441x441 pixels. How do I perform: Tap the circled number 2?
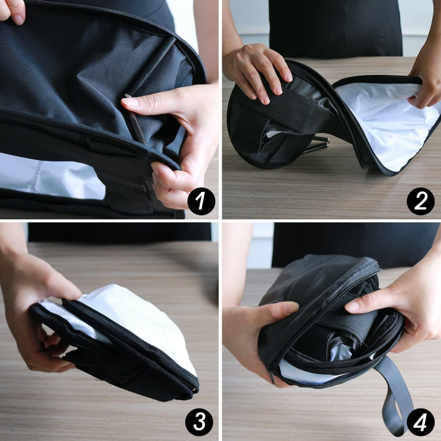421,201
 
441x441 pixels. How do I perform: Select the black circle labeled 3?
199,422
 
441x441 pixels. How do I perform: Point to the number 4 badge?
420,422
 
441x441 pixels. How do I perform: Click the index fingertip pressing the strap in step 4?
351,305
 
